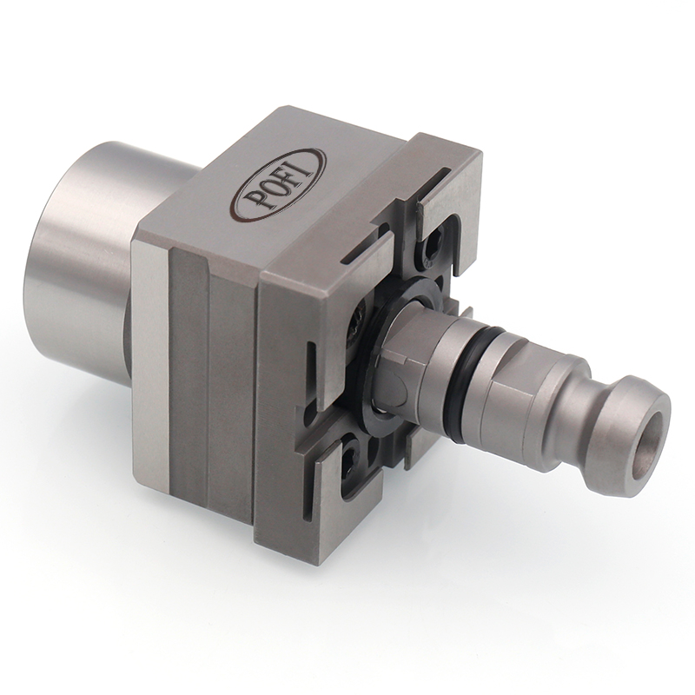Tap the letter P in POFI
point(250,202)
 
